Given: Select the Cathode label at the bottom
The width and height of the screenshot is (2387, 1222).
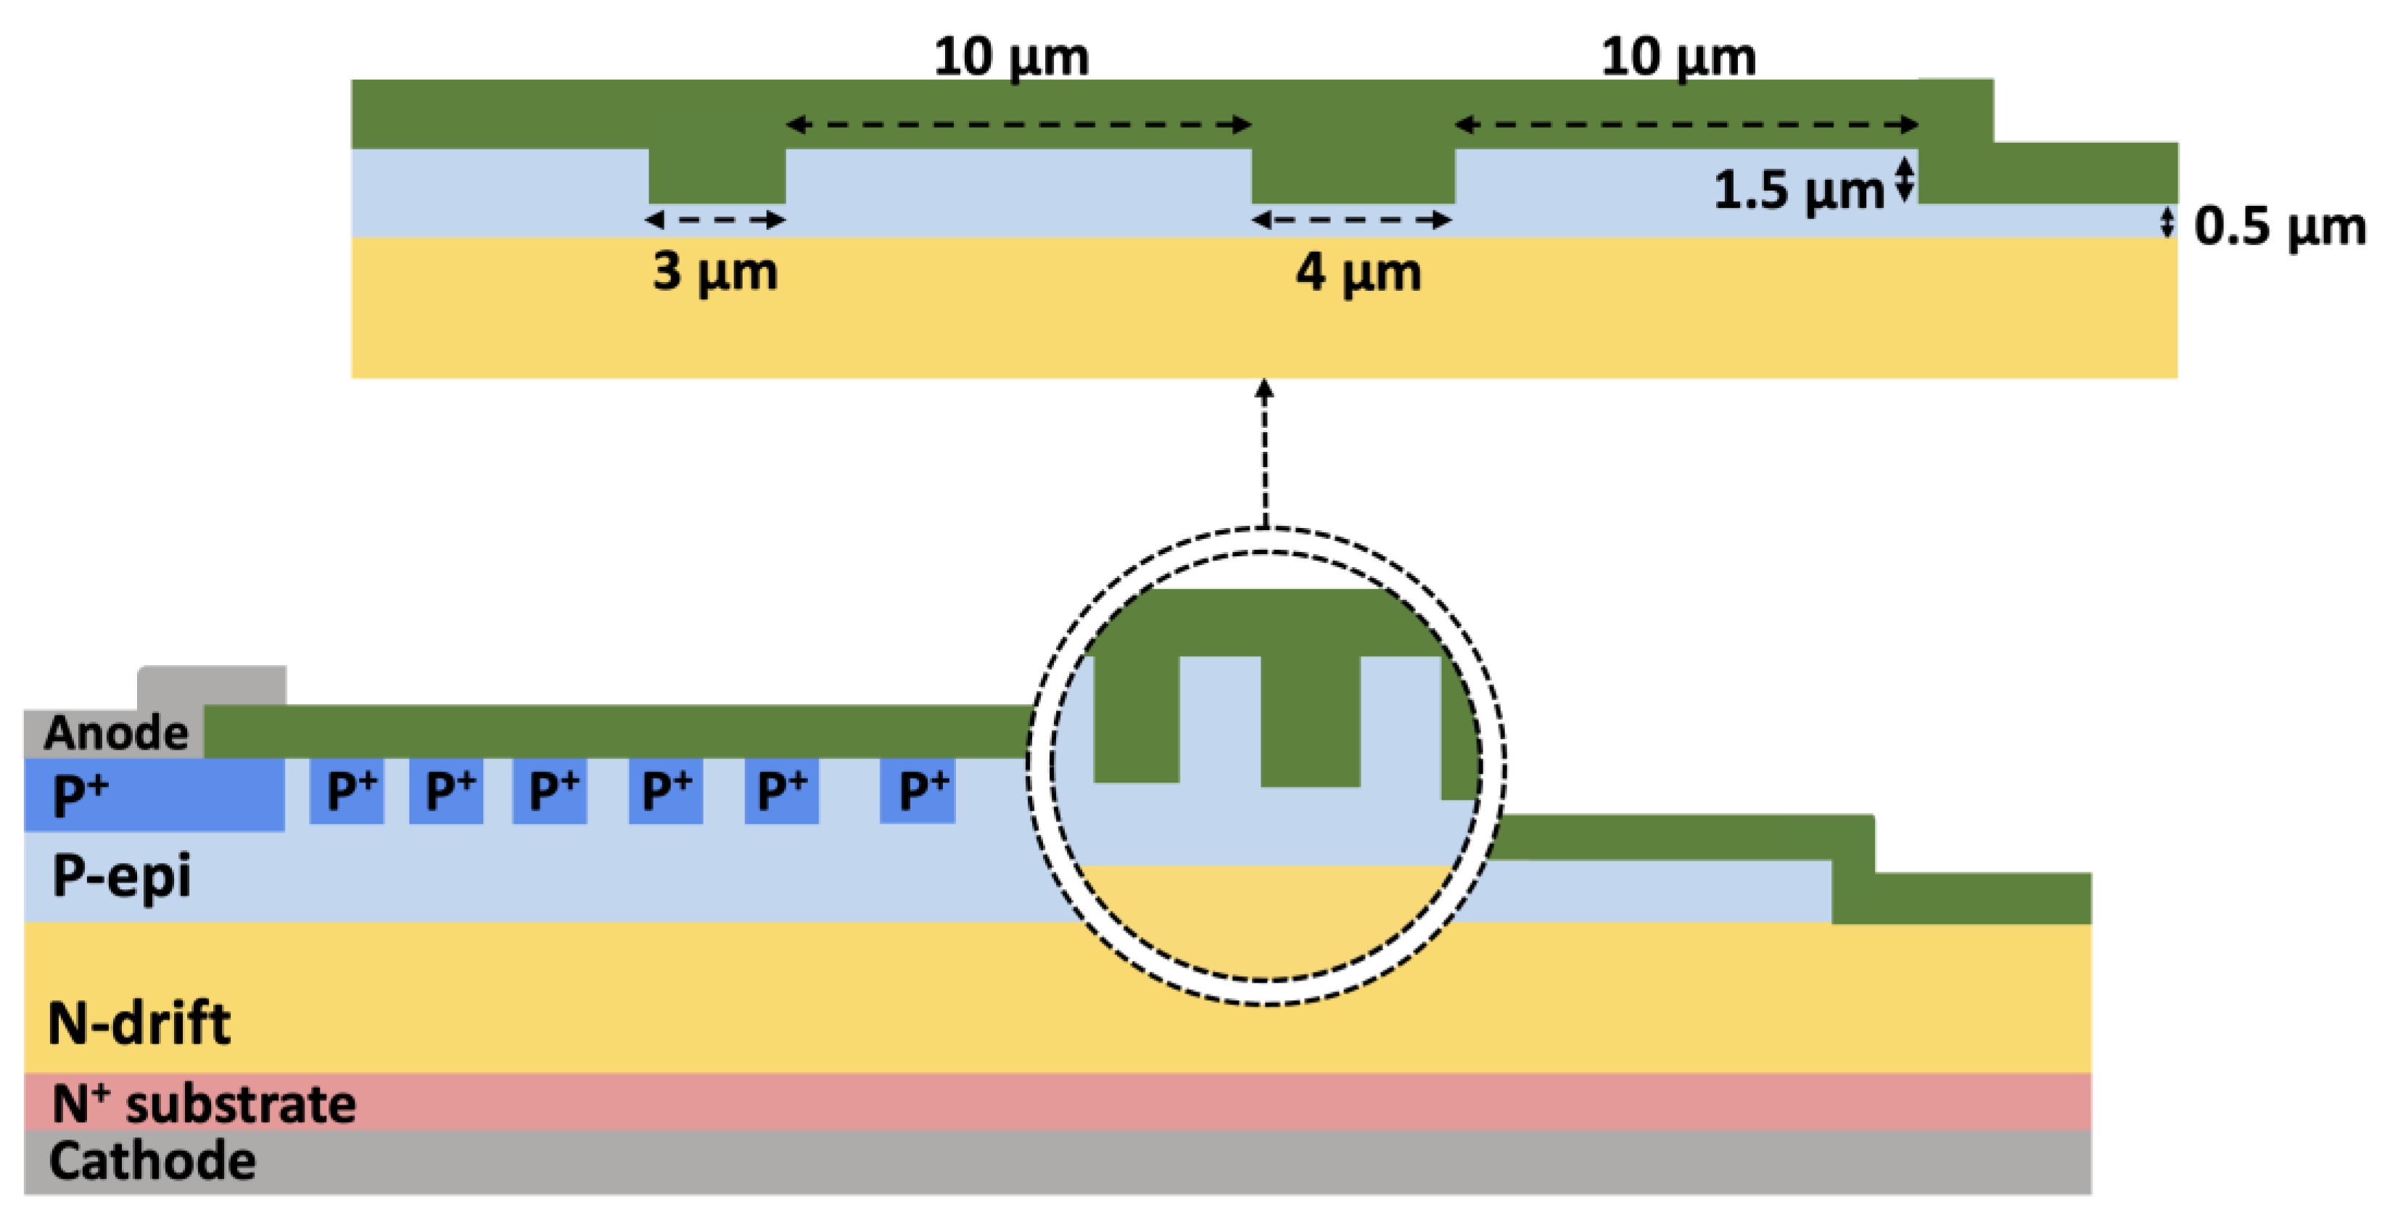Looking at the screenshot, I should pos(152,1161).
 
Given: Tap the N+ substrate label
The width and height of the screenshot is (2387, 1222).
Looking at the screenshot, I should pos(204,1103).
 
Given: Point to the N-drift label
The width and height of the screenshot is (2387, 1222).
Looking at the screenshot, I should pos(139,1024).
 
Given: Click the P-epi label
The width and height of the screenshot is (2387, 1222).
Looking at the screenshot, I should pos(121,876).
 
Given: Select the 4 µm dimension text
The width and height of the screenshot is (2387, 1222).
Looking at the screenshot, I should pos(1359,273).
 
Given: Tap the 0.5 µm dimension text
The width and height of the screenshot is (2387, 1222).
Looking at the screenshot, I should pos(2280,227).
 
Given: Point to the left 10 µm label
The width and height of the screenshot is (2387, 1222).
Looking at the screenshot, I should pos(1011,57).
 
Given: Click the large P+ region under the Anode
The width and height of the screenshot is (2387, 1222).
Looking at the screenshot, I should pos(154,795).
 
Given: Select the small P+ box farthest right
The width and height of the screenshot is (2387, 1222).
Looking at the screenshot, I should pos(918,791).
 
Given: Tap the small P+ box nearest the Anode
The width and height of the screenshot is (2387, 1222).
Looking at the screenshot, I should pos(347,791).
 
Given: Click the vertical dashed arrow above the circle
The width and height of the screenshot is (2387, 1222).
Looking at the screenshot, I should pos(1265,454).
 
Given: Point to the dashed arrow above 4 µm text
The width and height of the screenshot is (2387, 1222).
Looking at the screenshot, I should pos(1352,220).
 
